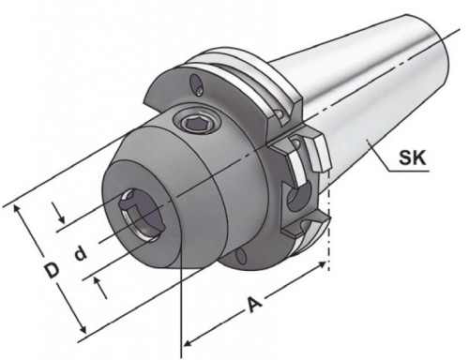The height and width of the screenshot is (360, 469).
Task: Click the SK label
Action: tap(413, 157)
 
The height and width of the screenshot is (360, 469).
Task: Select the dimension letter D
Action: tap(52, 270)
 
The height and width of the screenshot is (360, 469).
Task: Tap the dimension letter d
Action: tap(81, 253)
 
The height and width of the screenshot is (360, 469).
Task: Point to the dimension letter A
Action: tap(255, 305)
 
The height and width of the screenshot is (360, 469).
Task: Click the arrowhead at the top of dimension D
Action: tap(17, 209)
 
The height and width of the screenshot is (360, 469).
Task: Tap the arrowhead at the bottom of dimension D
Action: tap(82, 328)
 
